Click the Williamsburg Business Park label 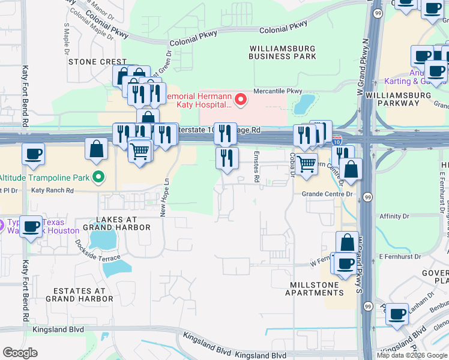(283, 52)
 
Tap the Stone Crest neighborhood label (97, 62)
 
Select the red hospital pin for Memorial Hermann (241, 99)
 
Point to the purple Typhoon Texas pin (2, 226)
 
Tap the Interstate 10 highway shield (337, 141)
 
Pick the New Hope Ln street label (163, 199)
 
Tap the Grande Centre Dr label (327, 194)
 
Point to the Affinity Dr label (394, 216)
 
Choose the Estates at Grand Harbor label (76, 294)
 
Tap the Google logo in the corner (20, 353)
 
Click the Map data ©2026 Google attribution (412, 355)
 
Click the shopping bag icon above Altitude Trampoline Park (96, 148)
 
